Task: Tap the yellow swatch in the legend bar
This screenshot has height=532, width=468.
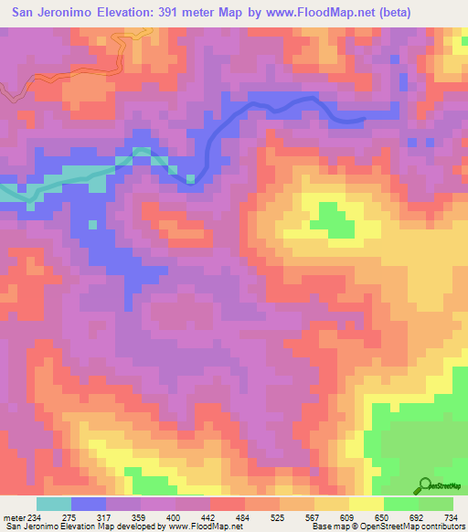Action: click(366, 504)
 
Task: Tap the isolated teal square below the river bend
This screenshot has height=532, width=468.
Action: click(91, 223)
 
